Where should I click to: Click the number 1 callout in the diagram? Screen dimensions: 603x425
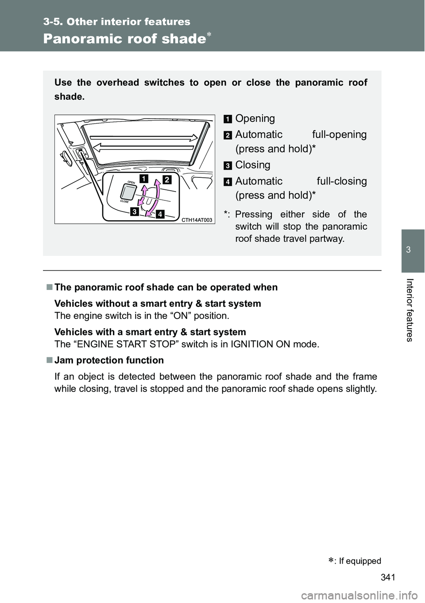tap(144, 179)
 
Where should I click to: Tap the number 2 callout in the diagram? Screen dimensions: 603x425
tap(166, 180)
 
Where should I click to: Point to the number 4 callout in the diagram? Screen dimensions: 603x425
tap(159, 215)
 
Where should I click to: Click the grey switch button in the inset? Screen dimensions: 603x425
tap(129, 192)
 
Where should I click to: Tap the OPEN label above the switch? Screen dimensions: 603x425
tap(131, 182)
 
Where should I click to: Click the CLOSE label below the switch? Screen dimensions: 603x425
tap(124, 201)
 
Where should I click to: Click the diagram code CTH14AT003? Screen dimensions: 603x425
tap(197, 220)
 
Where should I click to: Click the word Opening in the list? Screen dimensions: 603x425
tap(255, 118)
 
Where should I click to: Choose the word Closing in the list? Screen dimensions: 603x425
tap(253, 165)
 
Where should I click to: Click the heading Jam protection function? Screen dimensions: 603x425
tap(109, 360)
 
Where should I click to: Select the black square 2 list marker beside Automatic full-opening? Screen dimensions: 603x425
tap(227, 135)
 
